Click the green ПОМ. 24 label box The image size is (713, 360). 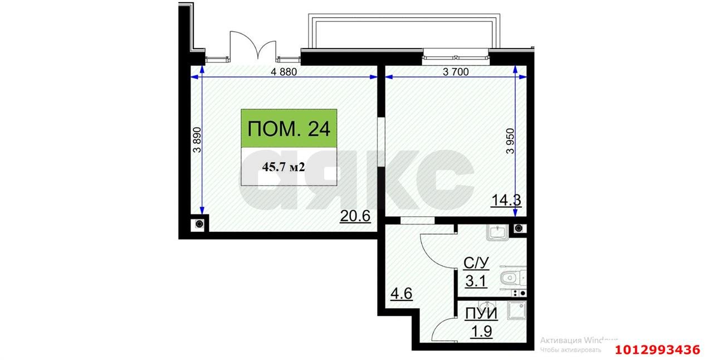289,129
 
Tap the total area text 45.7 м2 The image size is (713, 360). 283,167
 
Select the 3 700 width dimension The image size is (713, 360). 455,71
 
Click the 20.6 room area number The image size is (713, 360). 355,216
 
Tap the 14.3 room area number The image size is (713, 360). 506,200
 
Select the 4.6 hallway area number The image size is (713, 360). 401,293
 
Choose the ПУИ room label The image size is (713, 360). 481,314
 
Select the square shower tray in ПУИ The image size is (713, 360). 517,310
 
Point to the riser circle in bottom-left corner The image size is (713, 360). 199,225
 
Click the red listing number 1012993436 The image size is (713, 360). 657,350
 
